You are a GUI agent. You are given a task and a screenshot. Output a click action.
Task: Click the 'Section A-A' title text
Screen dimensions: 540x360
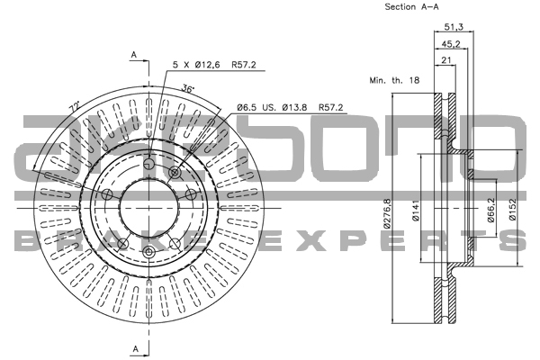412,7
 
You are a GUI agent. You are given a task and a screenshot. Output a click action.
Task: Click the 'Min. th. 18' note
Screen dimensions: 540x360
394,80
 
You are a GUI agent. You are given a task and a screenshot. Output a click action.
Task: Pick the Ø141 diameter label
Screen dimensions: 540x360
417,212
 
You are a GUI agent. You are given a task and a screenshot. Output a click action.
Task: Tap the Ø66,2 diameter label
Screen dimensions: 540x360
492,212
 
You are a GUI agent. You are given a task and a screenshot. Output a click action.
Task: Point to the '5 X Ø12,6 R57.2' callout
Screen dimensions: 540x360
214,66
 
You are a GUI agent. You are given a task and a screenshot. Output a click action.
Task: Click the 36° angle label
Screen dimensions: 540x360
188,88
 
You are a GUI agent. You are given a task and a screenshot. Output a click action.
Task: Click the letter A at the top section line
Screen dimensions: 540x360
133,56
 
